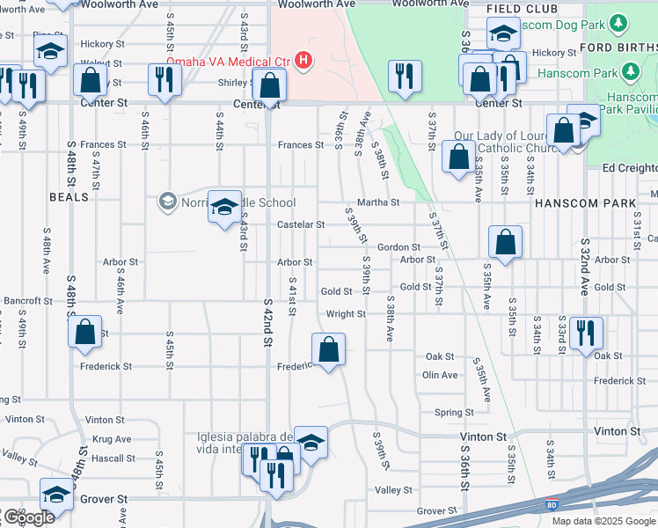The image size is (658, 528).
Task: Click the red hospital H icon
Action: pos(303,61)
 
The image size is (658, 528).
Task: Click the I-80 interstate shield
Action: pos(551,503)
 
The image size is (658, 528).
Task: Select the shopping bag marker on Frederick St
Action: pos(328,349)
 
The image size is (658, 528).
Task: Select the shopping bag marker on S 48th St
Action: pos(85,333)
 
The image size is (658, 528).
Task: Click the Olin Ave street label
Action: pos(440,375)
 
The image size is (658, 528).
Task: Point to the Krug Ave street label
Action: pos(111,439)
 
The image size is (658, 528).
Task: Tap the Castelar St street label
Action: pos(301,224)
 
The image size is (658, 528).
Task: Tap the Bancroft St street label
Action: pos(28,301)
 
